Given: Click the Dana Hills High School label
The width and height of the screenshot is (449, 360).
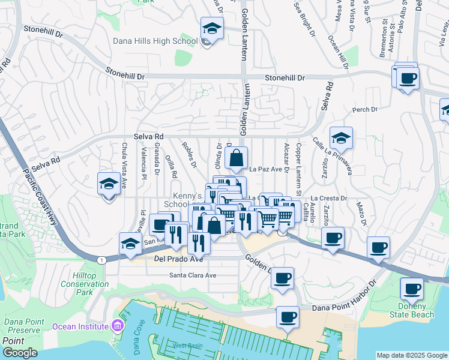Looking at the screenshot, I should coord(155,41).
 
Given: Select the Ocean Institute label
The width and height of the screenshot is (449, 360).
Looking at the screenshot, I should coord(82,326).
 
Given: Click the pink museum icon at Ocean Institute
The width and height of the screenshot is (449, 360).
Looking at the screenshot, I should coord(118,326).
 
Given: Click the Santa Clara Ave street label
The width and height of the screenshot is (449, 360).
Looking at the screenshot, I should coord(192,275).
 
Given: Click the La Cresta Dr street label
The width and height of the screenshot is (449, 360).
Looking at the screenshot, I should coord(329,198).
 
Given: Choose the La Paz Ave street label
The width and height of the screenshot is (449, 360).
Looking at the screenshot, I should coord(265,169).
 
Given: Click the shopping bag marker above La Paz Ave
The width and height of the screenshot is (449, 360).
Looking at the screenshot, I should coord(237,158).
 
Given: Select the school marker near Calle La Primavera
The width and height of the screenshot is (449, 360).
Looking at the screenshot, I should coord(341,138).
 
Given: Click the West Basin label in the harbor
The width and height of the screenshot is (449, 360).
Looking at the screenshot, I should coord(188,345).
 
